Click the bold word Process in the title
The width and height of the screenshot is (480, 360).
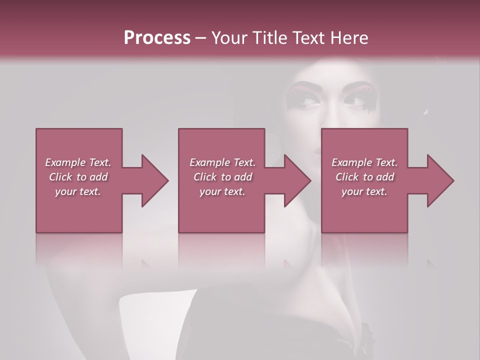(157, 38)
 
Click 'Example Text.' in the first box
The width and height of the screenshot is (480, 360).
(78, 162)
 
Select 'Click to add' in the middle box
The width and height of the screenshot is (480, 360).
(222, 177)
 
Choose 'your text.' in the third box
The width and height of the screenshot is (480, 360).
(364, 191)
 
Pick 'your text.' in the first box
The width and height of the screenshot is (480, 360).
(78, 191)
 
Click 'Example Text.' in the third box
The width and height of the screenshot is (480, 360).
(364, 162)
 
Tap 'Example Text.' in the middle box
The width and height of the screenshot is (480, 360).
(222, 162)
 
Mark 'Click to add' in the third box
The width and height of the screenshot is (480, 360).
(364, 177)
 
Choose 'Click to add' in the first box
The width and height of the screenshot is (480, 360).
(78, 177)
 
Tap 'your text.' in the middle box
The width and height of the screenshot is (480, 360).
(222, 191)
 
